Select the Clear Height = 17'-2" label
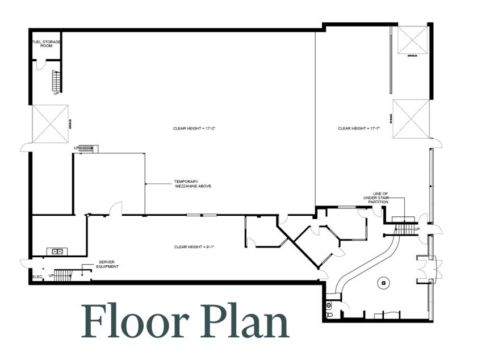[x=194, y=129]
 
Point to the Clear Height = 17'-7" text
[x=358, y=129]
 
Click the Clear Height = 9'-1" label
[x=194, y=247]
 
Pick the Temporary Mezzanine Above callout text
[x=192, y=184]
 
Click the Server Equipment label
[x=107, y=264]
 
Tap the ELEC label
[x=37, y=277]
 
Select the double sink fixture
[x=57, y=251]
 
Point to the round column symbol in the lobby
[x=384, y=282]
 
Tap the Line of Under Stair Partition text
[x=376, y=198]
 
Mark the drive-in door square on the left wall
[x=50, y=123]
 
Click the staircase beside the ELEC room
[x=62, y=275]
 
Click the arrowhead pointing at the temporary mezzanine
[x=147, y=184]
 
